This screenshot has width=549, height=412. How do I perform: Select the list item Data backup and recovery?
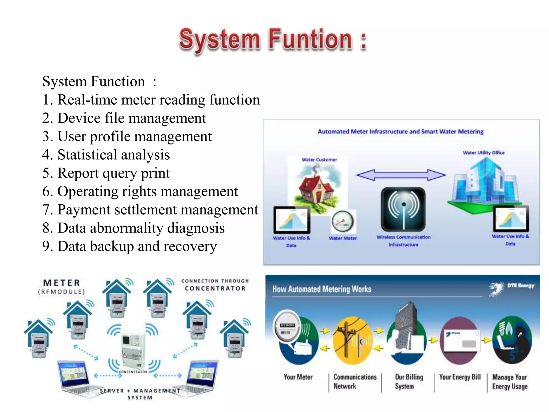click(x=129, y=247)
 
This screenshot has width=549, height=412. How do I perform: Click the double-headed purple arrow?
click(x=401, y=175)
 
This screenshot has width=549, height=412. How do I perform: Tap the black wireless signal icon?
click(x=403, y=209)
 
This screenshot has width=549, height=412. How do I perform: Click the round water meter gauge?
click(x=343, y=222)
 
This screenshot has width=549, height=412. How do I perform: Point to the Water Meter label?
click(x=343, y=238)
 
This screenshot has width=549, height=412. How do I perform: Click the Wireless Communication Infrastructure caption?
click(x=403, y=241)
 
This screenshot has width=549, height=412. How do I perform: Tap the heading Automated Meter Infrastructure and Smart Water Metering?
click(x=400, y=132)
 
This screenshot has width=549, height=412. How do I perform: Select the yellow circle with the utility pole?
click(x=352, y=340)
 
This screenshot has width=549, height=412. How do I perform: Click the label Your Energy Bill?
click(x=460, y=377)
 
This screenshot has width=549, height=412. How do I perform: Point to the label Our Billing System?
click(x=409, y=381)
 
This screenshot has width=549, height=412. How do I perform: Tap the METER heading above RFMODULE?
click(x=62, y=283)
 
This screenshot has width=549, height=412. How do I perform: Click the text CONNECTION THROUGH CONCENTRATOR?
click(x=215, y=285)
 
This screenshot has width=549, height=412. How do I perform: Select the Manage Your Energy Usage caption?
click(x=510, y=382)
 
